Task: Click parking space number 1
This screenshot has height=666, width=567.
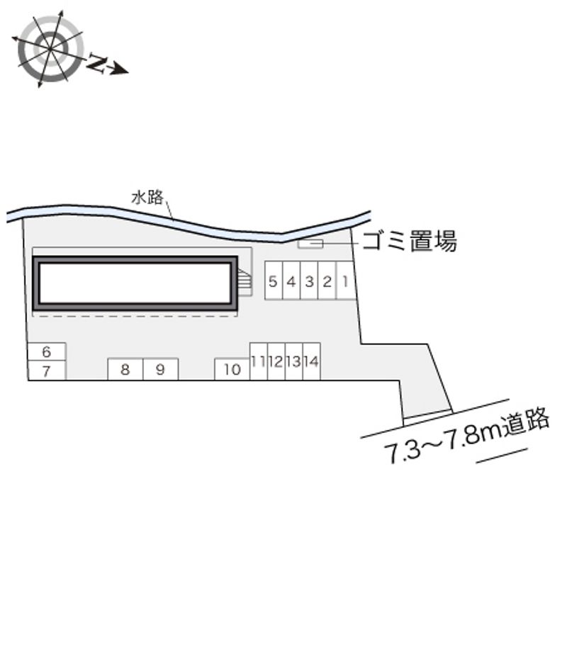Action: pos(346,281)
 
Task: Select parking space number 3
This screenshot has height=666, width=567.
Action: pos(309,281)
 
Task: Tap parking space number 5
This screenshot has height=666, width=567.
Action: pos(274,281)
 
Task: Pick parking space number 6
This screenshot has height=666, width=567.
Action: pos(47,351)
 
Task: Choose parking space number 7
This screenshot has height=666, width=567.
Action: pos(47,371)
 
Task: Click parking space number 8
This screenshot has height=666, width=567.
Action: pos(125,369)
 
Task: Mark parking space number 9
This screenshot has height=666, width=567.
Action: pos(161,369)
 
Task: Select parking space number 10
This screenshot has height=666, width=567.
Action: pos(232,369)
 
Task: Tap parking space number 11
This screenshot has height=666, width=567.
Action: pos(259,361)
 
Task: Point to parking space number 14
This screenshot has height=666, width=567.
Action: pos(312,361)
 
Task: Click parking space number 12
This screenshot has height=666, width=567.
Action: pos(276,361)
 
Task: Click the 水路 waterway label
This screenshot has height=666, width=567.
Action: pos(147,198)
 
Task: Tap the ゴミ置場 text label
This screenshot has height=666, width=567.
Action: pos(410,241)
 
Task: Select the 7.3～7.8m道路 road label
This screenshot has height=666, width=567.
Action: pos(467,436)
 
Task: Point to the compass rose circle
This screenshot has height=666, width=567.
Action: pos(50,49)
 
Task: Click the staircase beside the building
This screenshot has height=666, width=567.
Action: pos(245,281)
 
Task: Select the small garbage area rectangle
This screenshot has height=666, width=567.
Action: pos(310,244)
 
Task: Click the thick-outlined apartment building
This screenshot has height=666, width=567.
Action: pos(135,283)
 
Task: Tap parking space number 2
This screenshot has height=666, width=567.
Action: pos(327,281)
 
